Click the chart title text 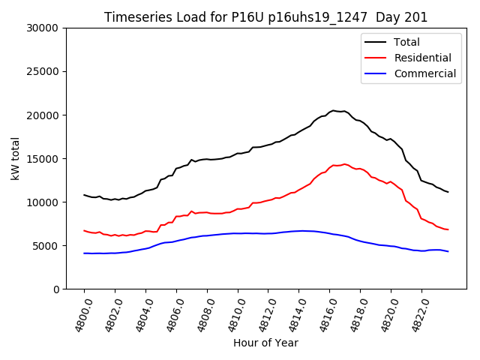[265, 17]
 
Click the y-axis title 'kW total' [16, 158]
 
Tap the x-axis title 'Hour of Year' [265, 343]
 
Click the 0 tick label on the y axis [56, 289]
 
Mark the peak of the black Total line [334, 110]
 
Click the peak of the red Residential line [344, 163]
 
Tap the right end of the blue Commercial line [448, 251]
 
